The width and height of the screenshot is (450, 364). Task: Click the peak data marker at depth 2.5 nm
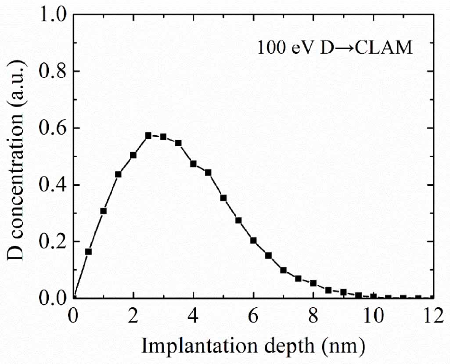(148, 136)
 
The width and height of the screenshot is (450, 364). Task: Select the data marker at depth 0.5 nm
(88, 252)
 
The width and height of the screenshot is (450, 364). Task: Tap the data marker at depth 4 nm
(193, 164)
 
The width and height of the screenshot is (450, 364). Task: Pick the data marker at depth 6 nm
(253, 240)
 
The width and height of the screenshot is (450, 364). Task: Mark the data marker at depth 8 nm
(313, 283)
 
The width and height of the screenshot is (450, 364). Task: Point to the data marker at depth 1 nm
(103, 211)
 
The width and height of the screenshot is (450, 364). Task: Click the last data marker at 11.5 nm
(418, 298)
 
